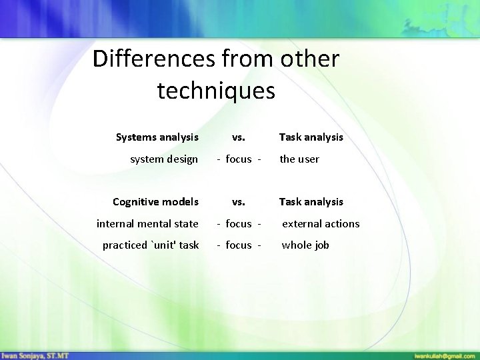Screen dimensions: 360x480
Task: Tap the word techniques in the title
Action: pyautogui.click(x=216, y=91)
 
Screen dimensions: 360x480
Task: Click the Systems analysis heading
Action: pyautogui.click(x=157, y=137)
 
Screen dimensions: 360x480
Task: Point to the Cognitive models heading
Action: pyautogui.click(x=155, y=202)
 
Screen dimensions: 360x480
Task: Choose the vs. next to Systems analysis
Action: pyautogui.click(x=238, y=137)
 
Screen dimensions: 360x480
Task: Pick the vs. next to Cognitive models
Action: pyautogui.click(x=238, y=202)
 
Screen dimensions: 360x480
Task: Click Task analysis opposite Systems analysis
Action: pyautogui.click(x=311, y=137)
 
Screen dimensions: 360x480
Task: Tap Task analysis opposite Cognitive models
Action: pyautogui.click(x=311, y=202)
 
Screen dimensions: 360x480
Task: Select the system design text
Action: pyautogui.click(x=164, y=159)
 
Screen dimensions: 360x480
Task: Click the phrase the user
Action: pyautogui.click(x=299, y=159)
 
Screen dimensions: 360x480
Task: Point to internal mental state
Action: pyautogui.click(x=147, y=224)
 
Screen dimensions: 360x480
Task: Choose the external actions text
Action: pyautogui.click(x=321, y=224)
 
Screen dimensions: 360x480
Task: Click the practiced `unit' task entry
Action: pyautogui.click(x=151, y=245)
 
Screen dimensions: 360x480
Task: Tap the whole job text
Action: pyautogui.click(x=305, y=245)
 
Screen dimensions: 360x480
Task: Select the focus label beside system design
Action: pyautogui.click(x=239, y=159)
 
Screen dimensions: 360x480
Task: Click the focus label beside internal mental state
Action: pyautogui.click(x=239, y=224)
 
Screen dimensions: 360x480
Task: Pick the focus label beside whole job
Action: pyautogui.click(x=239, y=245)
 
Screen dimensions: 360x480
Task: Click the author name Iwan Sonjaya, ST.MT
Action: pyautogui.click(x=34, y=354)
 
